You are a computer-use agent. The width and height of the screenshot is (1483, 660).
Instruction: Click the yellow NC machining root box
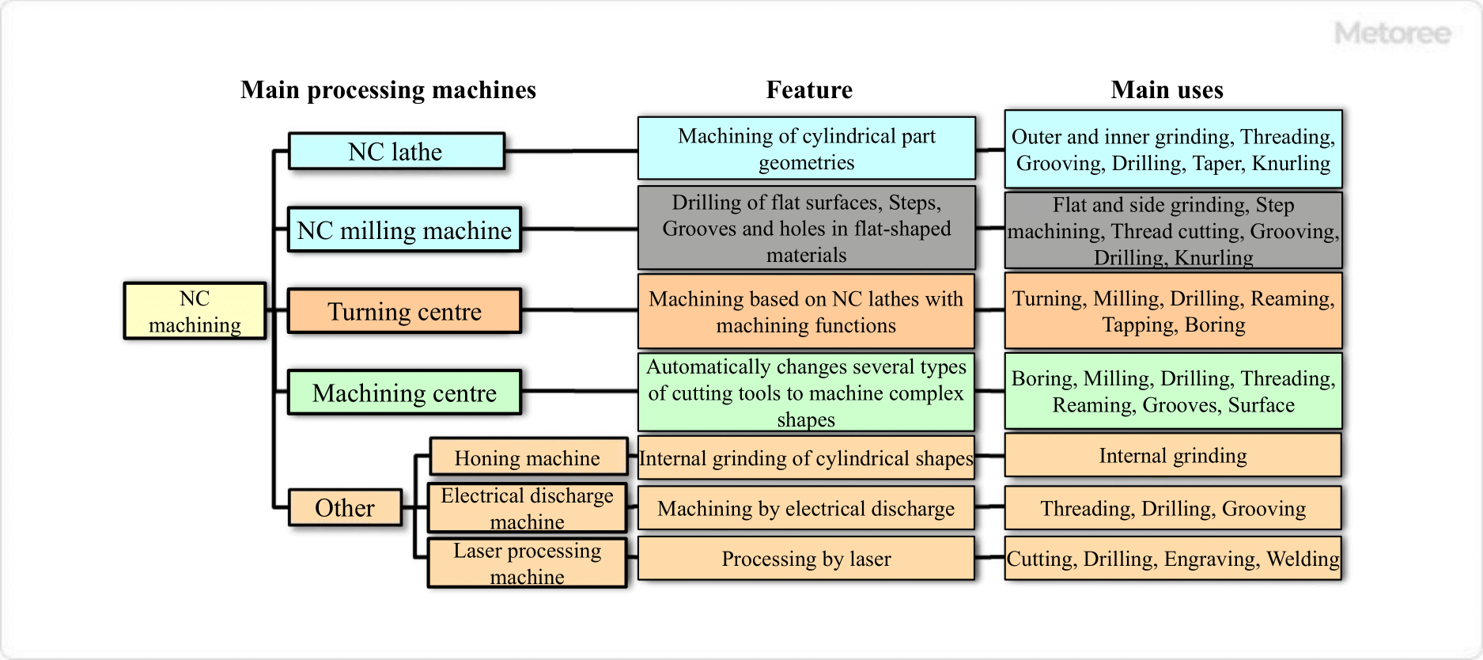point(195,311)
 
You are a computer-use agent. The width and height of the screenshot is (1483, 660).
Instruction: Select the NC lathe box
point(396,151)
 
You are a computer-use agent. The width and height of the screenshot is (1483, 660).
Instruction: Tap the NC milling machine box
point(404,230)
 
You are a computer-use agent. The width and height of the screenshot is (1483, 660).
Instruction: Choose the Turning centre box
point(404,311)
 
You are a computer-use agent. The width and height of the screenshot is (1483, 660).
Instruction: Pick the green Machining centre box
point(404,393)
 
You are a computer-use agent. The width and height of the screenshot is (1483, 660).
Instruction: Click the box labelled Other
point(345,507)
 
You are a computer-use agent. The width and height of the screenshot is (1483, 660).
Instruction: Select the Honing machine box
point(528,457)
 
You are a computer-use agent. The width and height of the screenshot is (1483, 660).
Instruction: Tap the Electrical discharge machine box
point(528,508)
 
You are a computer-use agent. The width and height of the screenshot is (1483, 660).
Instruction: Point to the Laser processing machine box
point(528,563)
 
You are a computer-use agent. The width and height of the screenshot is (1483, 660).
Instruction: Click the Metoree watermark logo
point(1392,34)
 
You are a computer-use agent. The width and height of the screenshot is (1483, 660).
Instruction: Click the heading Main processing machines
point(388,90)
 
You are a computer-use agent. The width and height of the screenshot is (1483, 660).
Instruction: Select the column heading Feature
point(809,90)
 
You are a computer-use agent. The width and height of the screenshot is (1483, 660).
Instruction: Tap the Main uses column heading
point(1167,90)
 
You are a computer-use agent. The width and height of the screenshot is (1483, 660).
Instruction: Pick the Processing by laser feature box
point(806,559)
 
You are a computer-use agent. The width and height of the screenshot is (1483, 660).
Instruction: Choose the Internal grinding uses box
point(1173,455)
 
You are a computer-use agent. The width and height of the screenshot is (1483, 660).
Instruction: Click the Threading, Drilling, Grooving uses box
point(1173,508)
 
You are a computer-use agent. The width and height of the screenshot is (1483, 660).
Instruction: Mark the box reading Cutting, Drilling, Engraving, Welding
point(1173,559)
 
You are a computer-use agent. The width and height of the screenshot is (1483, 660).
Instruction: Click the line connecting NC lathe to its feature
point(571,150)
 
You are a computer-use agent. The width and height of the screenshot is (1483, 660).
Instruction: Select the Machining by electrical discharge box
point(806,508)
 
